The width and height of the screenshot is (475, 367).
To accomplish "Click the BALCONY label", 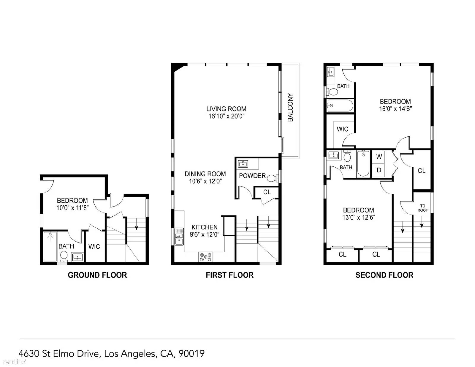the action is [x=290, y=107].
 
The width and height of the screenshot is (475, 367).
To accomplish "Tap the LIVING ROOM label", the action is [x=226, y=109].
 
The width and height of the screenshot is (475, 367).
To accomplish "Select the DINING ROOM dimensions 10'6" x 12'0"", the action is [x=205, y=181].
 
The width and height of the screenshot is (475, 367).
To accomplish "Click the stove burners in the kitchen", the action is [x=206, y=257].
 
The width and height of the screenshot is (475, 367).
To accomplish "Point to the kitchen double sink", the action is [x=179, y=236].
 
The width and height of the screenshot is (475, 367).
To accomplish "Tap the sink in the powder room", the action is [x=243, y=164].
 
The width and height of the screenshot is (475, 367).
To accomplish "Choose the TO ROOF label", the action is [x=422, y=208].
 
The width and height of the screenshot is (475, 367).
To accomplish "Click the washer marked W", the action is [x=379, y=156].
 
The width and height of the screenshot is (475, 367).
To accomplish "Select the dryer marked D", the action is [x=379, y=170].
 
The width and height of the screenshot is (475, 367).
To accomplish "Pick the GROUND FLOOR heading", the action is [x=97, y=275].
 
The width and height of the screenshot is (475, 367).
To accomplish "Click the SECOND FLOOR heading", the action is [x=384, y=275].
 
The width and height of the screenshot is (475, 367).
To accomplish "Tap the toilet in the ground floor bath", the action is [x=64, y=256].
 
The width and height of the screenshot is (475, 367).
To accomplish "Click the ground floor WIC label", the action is [x=94, y=246].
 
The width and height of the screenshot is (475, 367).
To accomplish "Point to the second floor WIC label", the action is [x=342, y=129].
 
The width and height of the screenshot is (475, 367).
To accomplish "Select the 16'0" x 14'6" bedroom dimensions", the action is [x=395, y=109].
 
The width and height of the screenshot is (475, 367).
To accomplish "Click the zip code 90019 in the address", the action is [x=191, y=353].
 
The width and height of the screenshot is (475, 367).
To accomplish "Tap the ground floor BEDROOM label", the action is [x=72, y=201].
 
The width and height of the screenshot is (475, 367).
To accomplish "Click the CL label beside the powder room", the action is [x=267, y=192].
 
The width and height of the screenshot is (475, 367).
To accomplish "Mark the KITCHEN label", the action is [x=204, y=227].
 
